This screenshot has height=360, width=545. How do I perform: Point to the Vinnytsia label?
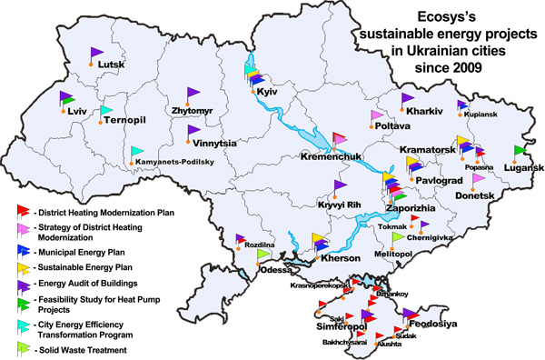point(213,144)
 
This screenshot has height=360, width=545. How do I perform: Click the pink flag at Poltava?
point(379,117)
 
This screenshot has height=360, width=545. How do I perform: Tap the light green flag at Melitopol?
point(398,238)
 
